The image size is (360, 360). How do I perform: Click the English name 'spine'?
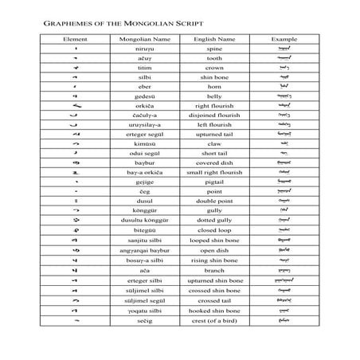point(213,49)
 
